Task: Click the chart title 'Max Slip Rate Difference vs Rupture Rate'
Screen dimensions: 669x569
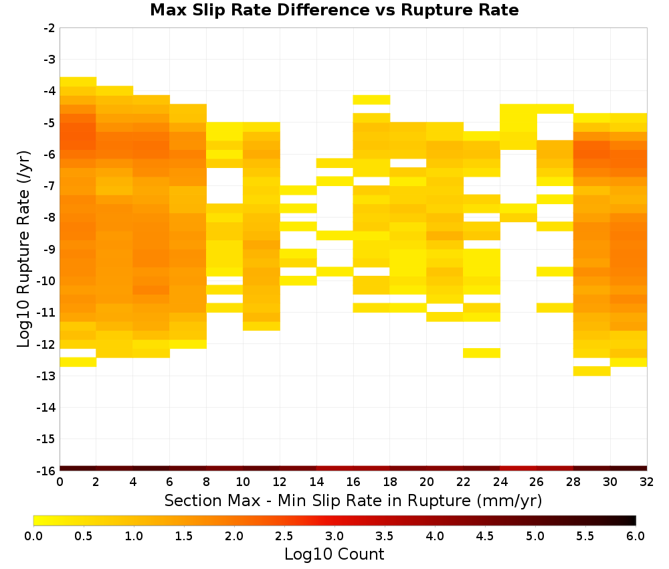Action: [x=334, y=10]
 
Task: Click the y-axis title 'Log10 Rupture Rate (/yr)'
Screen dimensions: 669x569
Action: [x=24, y=249]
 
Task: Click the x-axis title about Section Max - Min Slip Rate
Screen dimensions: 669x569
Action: [x=353, y=500]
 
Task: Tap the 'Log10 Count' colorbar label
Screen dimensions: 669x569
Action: [x=334, y=554]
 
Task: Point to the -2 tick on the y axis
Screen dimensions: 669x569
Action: [x=50, y=28]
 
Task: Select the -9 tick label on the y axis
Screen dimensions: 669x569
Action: [x=50, y=249]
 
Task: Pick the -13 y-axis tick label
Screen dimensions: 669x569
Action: [x=47, y=376]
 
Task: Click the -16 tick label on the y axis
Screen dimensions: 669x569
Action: [x=47, y=471]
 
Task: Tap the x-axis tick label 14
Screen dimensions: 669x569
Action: [x=316, y=482]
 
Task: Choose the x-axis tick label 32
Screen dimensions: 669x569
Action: [x=647, y=482]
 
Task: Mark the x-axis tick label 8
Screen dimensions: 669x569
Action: [x=207, y=482]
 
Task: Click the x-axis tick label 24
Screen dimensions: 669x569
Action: [x=500, y=482]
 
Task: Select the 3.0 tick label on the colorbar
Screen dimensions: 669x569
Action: [x=334, y=536]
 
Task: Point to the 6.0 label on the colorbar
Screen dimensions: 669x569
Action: [x=636, y=536]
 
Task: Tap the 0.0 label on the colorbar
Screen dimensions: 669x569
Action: [x=33, y=536]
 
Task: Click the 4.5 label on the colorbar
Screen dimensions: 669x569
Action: [x=485, y=536]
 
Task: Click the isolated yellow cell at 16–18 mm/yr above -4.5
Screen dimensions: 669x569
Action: [x=371, y=100]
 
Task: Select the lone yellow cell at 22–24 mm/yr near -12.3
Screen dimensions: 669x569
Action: [x=482, y=353]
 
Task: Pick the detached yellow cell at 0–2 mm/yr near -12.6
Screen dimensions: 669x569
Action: [x=78, y=362]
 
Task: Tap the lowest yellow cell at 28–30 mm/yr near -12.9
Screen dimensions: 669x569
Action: [x=592, y=371]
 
